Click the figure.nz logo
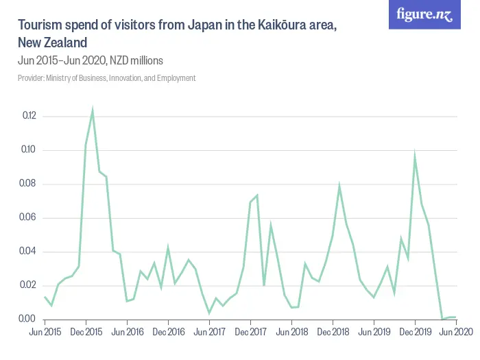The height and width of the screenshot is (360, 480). pyautogui.click(x=424, y=14)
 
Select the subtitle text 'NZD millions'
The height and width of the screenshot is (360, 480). pyautogui.click(x=136, y=60)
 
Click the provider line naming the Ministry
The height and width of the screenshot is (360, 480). pyautogui.click(x=106, y=78)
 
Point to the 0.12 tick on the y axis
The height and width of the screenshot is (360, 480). pyautogui.click(x=28, y=116)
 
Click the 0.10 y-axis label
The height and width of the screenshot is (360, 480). pyautogui.click(x=28, y=150)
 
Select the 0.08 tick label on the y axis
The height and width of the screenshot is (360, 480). pyautogui.click(x=28, y=184)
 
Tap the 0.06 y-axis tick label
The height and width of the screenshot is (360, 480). pyautogui.click(x=28, y=218)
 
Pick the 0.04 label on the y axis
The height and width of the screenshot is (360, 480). pyautogui.click(x=28, y=252)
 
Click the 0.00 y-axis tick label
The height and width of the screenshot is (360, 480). pyautogui.click(x=28, y=319)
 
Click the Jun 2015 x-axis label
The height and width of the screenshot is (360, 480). pyautogui.click(x=45, y=332)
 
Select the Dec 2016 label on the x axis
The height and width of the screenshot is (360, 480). pyautogui.click(x=168, y=332)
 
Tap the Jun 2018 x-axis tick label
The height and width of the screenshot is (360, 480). pyautogui.click(x=291, y=332)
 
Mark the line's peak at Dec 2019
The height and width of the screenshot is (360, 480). pyautogui.click(x=415, y=157)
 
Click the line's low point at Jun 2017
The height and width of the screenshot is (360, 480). pyautogui.click(x=209, y=313)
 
